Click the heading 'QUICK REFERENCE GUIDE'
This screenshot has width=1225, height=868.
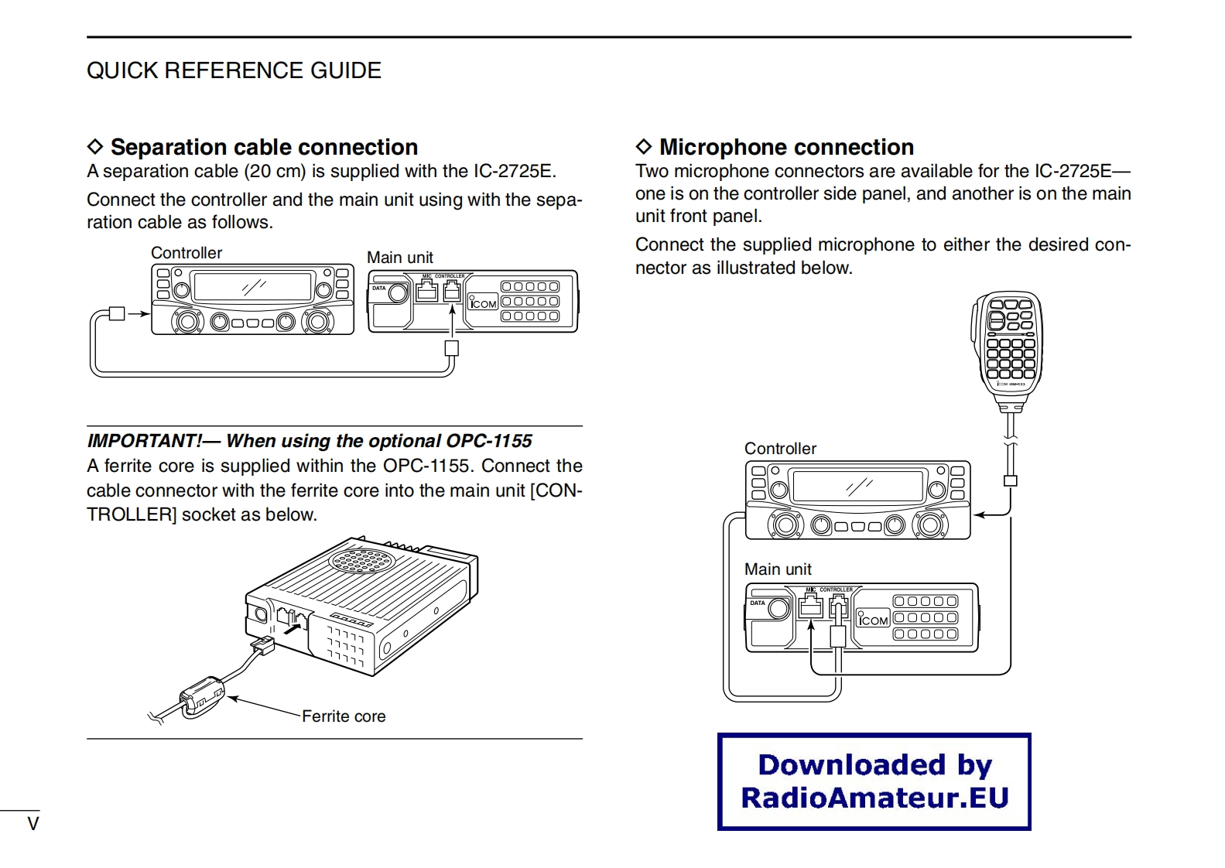234,70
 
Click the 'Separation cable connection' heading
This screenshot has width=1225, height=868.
263,147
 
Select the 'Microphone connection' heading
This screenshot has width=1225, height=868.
785,147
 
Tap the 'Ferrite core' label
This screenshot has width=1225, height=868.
344,716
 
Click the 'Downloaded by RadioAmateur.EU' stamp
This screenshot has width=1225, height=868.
874,781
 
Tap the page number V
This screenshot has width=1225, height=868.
33,824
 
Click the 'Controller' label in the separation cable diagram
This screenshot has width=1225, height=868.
186,253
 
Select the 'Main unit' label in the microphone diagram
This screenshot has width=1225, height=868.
778,569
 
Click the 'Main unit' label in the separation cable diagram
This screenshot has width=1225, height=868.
400,258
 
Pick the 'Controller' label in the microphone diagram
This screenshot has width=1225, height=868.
780,449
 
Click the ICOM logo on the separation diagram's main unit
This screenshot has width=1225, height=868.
483,303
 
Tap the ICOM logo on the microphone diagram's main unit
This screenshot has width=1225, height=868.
874,620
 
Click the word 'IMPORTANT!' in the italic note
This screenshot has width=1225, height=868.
145,441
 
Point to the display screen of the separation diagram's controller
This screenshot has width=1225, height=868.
252,287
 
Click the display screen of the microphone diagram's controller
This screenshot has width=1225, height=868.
858,486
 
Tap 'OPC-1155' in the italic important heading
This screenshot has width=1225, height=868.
488,441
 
